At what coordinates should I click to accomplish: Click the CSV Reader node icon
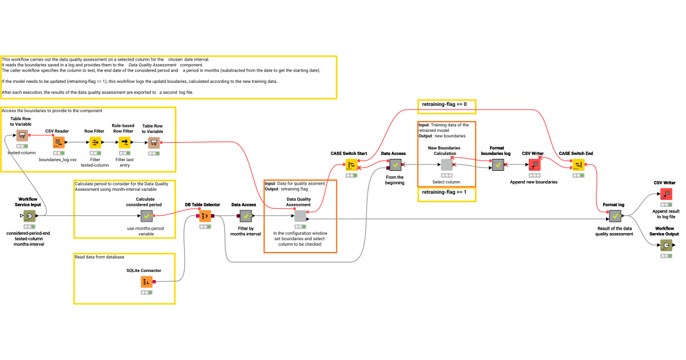(x=59, y=142)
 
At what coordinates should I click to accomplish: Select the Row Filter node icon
(x=95, y=142)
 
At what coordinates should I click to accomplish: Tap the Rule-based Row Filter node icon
(x=124, y=142)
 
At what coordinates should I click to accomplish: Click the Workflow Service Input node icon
(x=29, y=216)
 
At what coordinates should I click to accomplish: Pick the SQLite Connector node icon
(x=146, y=282)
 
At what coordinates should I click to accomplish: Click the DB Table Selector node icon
(x=205, y=216)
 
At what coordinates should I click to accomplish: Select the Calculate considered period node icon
(x=146, y=216)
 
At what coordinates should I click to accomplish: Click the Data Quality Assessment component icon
(x=300, y=216)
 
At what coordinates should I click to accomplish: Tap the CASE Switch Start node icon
(x=352, y=165)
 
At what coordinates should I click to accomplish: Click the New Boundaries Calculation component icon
(x=446, y=165)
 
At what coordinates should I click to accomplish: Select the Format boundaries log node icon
(x=498, y=165)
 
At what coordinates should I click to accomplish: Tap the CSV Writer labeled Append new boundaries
(x=535, y=165)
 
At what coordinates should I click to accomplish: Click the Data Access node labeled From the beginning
(x=395, y=165)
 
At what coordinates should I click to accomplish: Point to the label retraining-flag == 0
(x=445, y=105)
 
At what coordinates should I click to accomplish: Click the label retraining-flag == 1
(x=445, y=193)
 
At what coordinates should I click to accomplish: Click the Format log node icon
(x=615, y=216)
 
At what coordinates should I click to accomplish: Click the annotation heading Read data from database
(x=102, y=257)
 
